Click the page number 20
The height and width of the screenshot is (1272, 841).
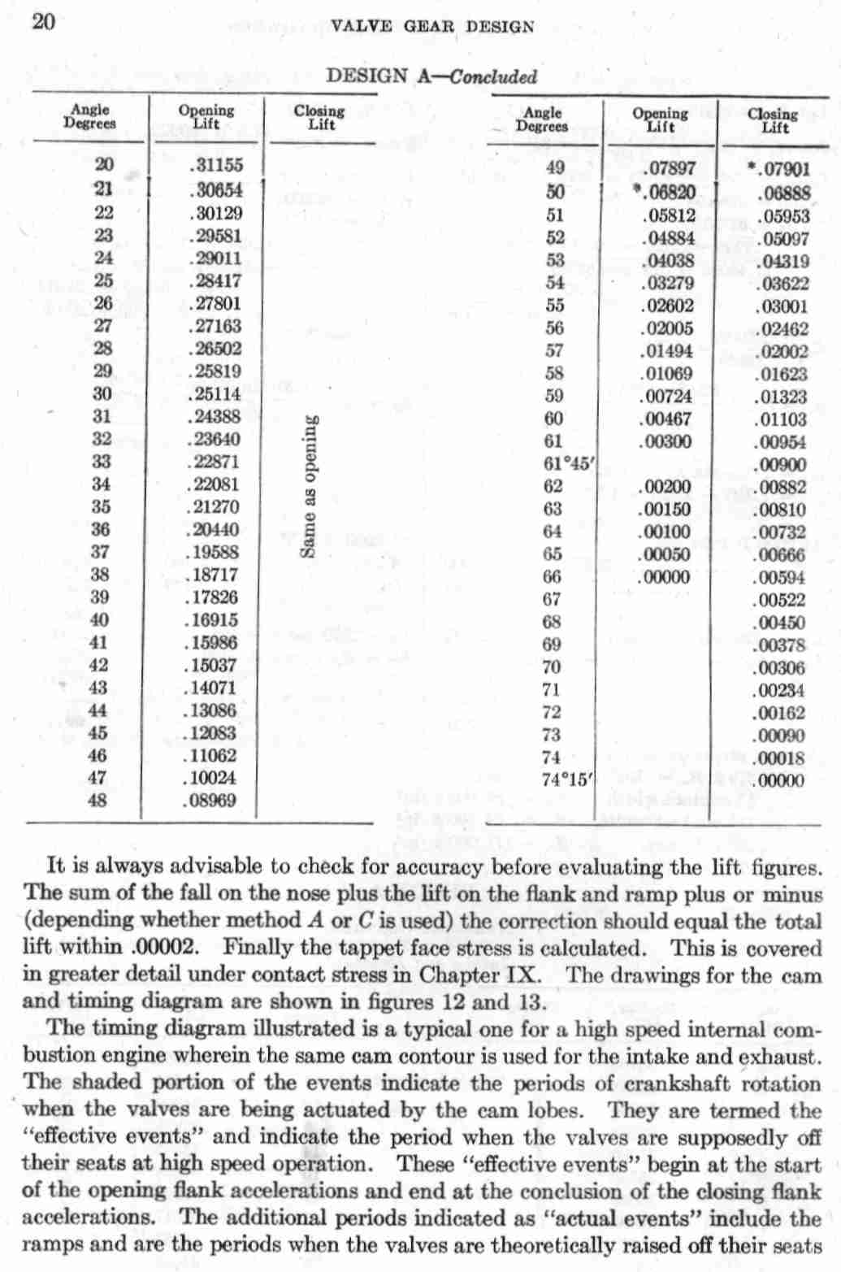pyautogui.click(x=44, y=22)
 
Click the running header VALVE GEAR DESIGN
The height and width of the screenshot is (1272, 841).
pyautogui.click(x=432, y=26)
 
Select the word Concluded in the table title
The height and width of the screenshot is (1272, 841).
pyautogui.click(x=493, y=77)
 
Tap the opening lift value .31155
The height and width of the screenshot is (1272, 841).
pyautogui.click(x=215, y=165)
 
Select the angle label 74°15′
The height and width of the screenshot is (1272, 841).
pyautogui.click(x=569, y=779)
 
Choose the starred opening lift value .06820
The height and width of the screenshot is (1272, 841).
pyautogui.click(x=665, y=193)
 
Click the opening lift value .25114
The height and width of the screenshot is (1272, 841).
pyautogui.click(x=215, y=394)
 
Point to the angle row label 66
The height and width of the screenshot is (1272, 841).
pyautogui.click(x=552, y=577)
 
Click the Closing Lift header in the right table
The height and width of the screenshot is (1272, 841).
pyautogui.click(x=773, y=120)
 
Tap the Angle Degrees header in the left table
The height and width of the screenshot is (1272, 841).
pyautogui.click(x=90, y=117)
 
